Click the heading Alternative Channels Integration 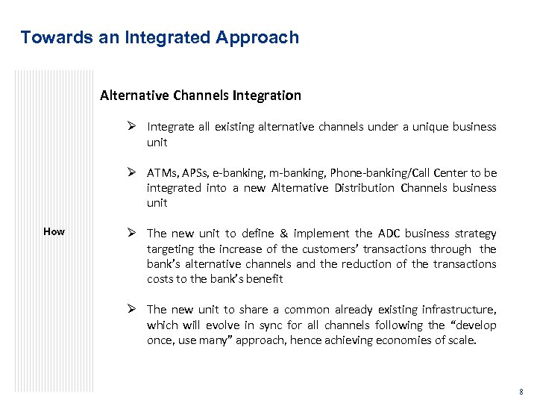click(x=201, y=96)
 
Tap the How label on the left click(x=54, y=231)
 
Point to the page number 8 click(x=521, y=392)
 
